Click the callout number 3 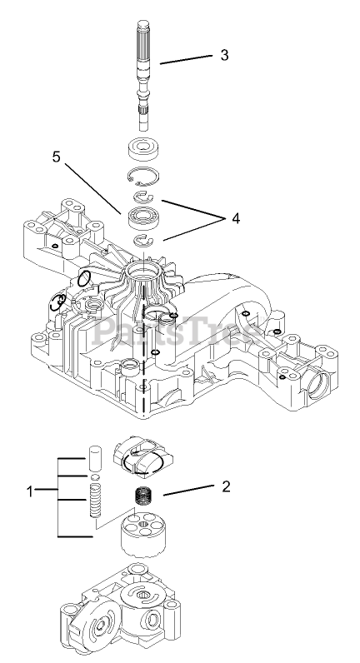point(224,55)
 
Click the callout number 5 point(57,157)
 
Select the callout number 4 point(235,218)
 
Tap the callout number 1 point(30,491)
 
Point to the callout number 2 point(227,486)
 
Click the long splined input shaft point(144,75)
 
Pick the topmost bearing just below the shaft point(144,150)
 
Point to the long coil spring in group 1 point(95,501)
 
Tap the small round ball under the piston point(95,477)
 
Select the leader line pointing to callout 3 point(186,60)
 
